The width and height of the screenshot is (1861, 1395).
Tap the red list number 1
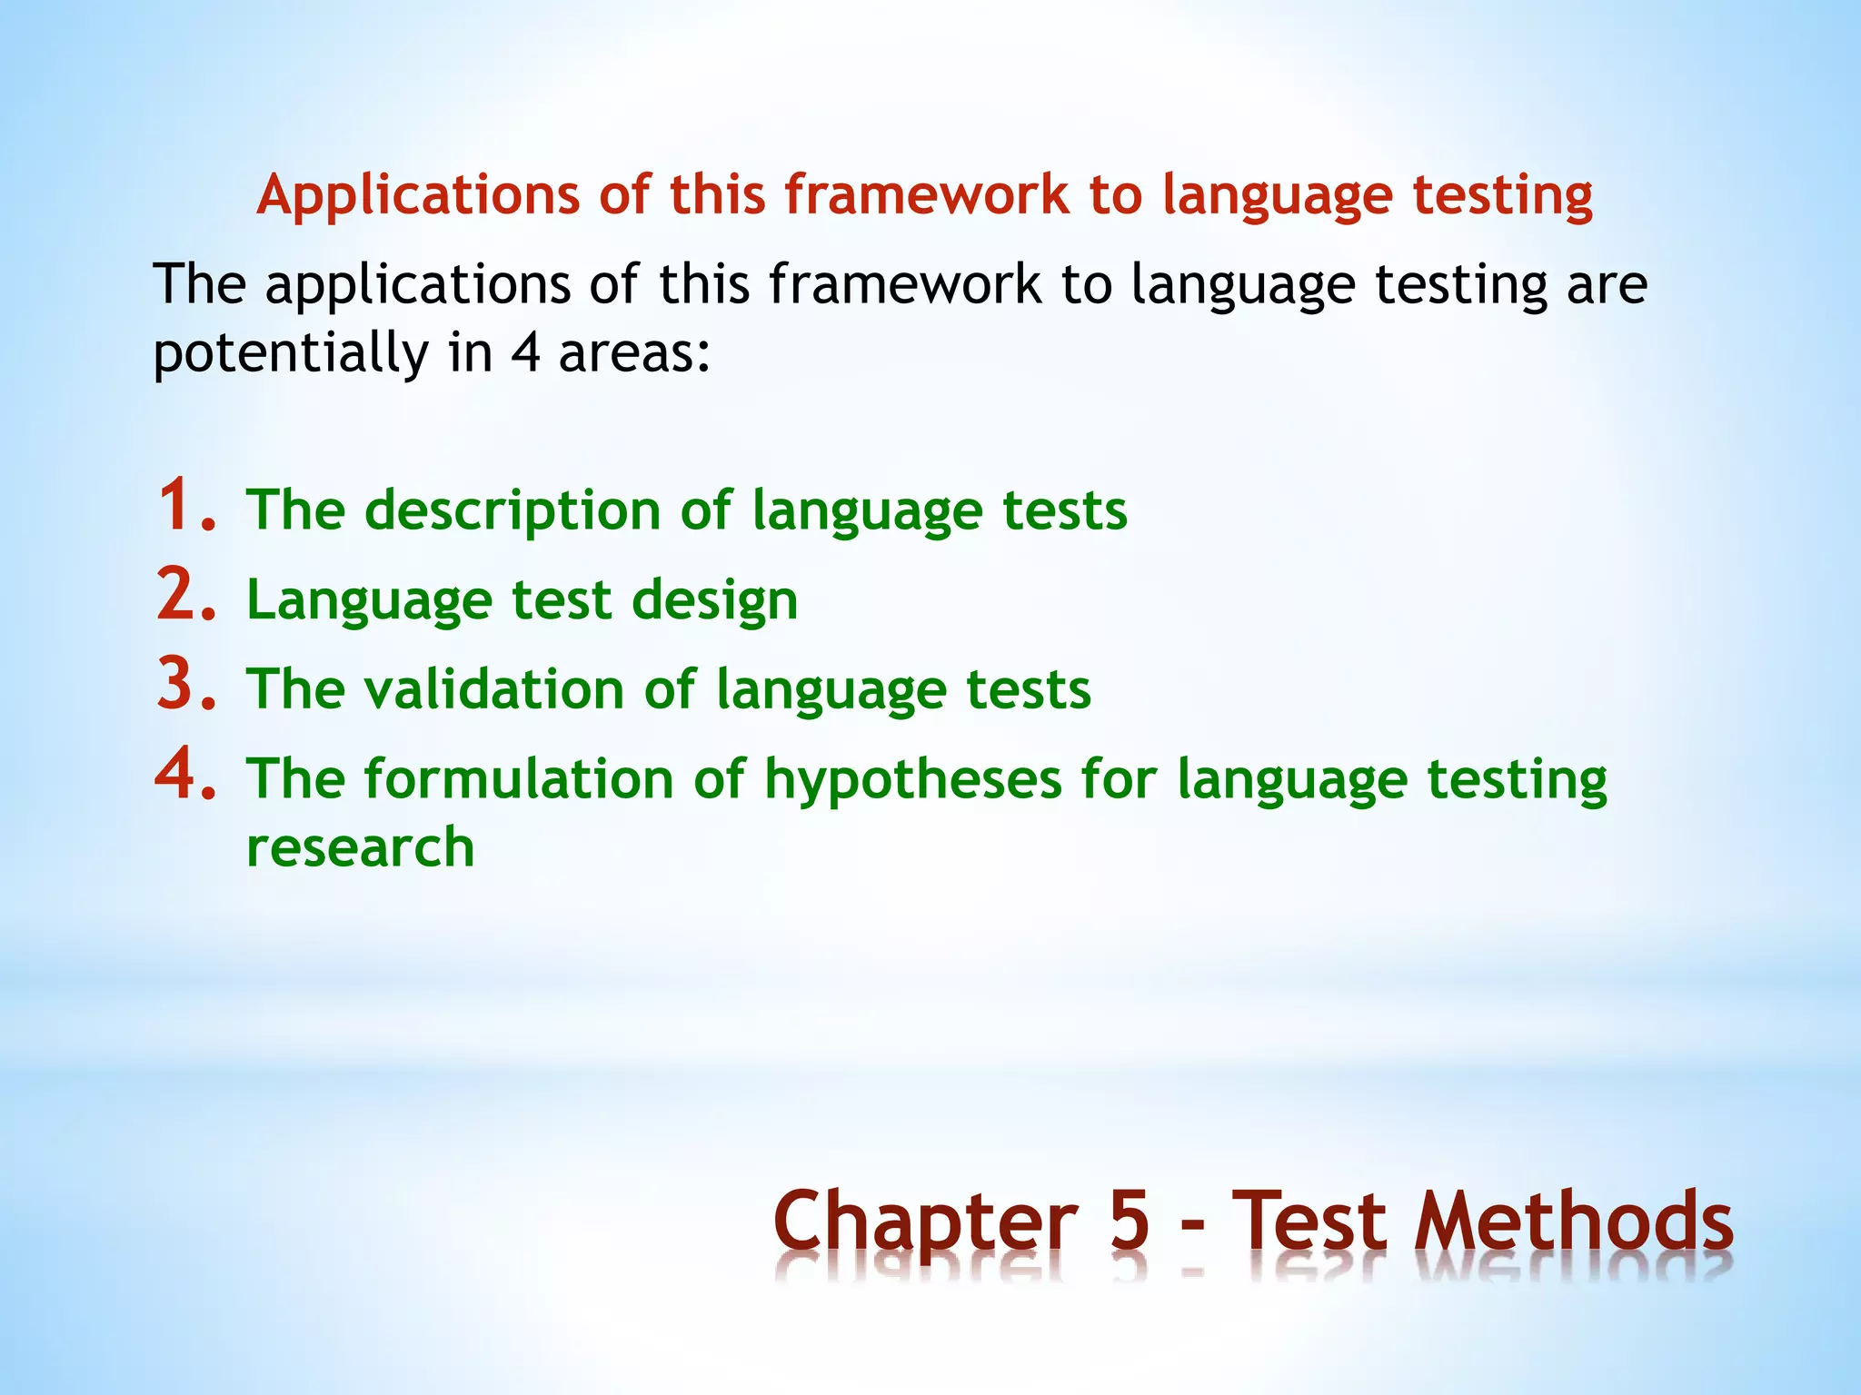point(186,506)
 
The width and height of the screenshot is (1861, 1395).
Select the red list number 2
point(186,596)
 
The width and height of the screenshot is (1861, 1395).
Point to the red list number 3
point(186,685)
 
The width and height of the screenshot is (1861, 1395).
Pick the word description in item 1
point(513,510)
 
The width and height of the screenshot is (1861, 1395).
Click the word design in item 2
point(714,600)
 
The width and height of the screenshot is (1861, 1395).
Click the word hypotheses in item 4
point(912,779)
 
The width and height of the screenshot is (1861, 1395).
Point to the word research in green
point(361,847)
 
